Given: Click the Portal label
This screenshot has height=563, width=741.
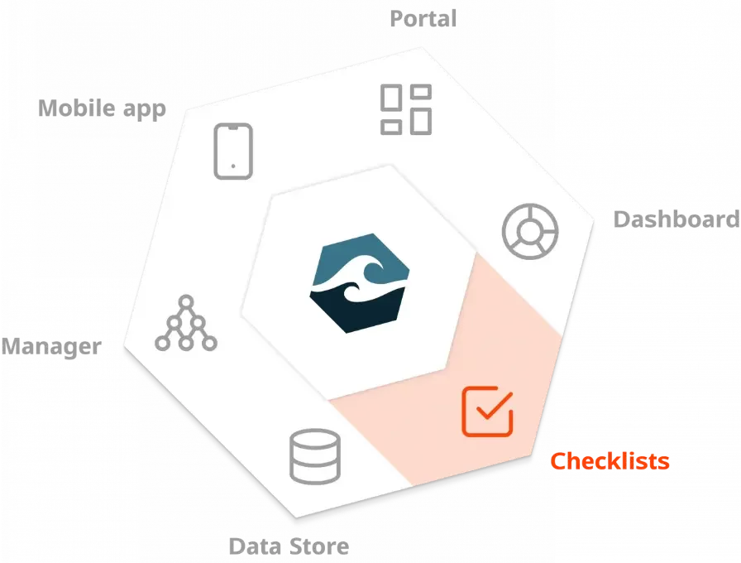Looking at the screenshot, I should (x=423, y=18).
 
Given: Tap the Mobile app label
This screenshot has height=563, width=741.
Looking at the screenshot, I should (x=103, y=108).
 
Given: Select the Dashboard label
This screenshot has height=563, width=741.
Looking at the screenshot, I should (x=676, y=219).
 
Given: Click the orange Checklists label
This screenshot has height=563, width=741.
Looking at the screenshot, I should (x=610, y=461).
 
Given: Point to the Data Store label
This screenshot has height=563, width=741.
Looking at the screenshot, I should (x=289, y=546).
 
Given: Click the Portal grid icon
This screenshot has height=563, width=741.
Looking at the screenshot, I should (x=405, y=109).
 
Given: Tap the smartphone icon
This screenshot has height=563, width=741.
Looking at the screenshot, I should (x=232, y=151).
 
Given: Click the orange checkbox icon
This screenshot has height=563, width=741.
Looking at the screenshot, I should (x=487, y=411).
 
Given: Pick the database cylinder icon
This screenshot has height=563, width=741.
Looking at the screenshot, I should (x=315, y=456).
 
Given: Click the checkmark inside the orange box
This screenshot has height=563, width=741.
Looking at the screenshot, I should (x=493, y=407).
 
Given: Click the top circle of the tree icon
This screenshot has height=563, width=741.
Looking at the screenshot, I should (x=186, y=301).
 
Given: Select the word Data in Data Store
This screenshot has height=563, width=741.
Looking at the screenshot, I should (x=251, y=546).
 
